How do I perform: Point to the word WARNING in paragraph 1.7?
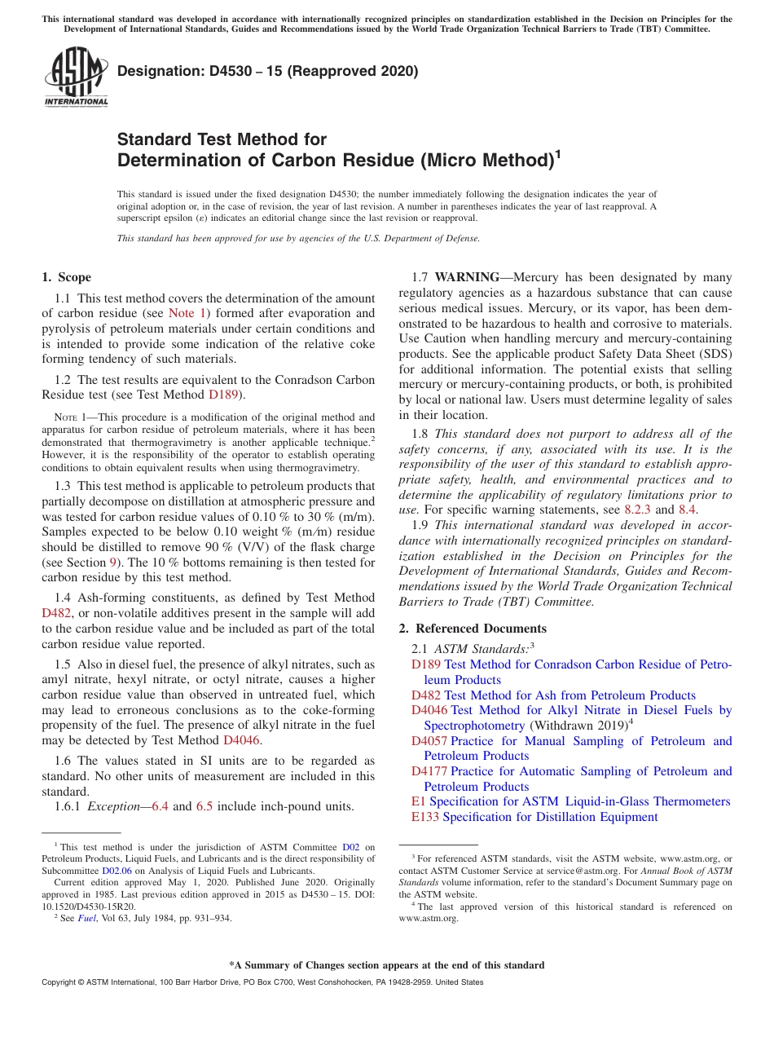[x=467, y=277]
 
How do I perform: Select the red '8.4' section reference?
[x=688, y=510]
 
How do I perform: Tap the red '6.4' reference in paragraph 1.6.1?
[x=160, y=807]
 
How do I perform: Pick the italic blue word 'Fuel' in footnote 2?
[x=86, y=918]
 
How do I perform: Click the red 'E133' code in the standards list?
[x=425, y=817]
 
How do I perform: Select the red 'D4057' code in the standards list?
[x=429, y=741]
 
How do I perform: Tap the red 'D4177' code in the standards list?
[x=429, y=771]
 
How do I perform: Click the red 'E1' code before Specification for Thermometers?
[x=419, y=801]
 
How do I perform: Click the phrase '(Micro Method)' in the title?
[x=486, y=160]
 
